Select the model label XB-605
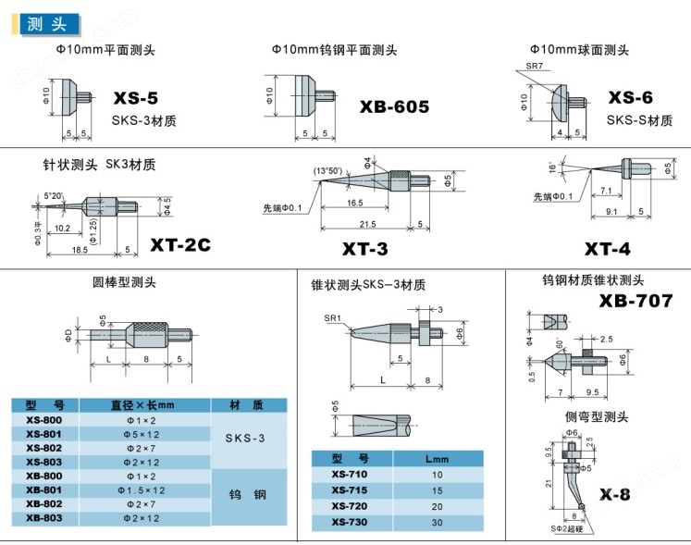[x=394, y=107]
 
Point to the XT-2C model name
[x=180, y=244]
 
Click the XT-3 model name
[x=364, y=249]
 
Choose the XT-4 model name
[x=608, y=249]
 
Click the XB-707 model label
[x=635, y=300]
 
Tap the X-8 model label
[x=614, y=494]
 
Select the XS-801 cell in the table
[x=44, y=433]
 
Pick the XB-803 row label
[x=44, y=518]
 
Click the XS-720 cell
[x=351, y=506]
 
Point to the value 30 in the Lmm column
[x=437, y=523]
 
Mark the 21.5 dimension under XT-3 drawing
[x=367, y=225]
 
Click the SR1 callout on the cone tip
[x=332, y=317]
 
